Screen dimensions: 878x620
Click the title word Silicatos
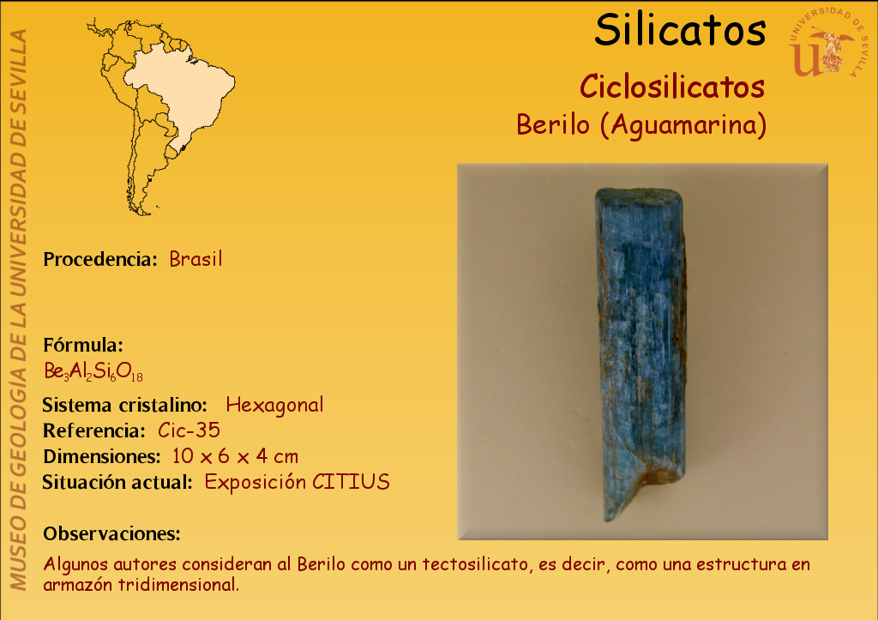click(680, 30)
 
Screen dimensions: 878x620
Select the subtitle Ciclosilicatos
click(672, 87)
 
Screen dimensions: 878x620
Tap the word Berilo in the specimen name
click(553, 124)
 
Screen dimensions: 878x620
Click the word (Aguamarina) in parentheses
click(683, 125)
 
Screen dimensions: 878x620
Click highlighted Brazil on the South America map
click(185, 89)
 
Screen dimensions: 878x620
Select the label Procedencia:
click(100, 259)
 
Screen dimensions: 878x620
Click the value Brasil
click(196, 259)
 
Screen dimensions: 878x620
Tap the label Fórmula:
click(83, 345)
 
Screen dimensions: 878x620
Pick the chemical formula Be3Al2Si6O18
click(93, 371)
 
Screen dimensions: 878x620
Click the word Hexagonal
click(274, 405)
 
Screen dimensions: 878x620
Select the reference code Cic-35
click(189, 430)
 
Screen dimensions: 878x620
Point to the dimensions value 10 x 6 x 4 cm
click(235, 456)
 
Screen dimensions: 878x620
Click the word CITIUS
click(351, 482)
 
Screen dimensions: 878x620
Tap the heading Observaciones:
click(111, 533)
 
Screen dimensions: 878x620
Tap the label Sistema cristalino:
click(125, 405)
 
